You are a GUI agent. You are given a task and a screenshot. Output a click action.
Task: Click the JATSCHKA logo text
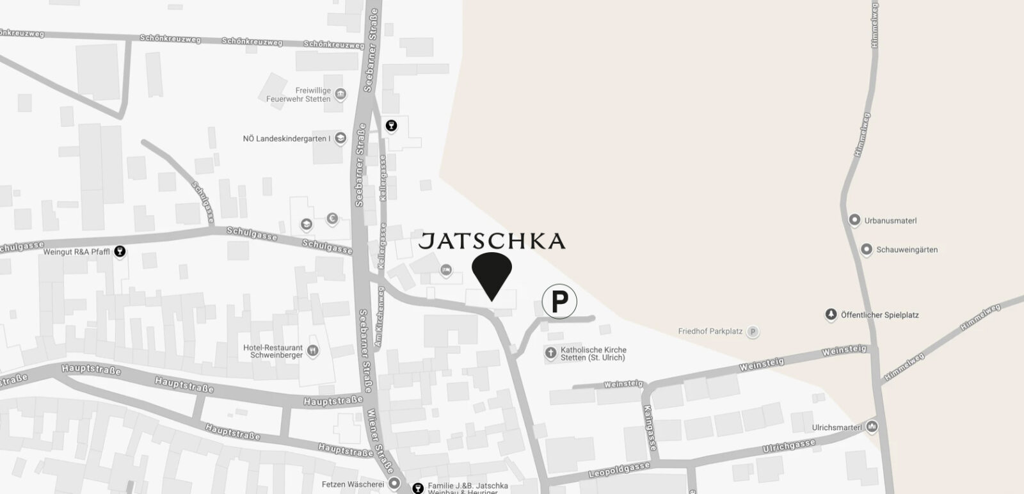(492, 241)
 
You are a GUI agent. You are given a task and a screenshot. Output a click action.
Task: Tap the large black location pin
(492, 272)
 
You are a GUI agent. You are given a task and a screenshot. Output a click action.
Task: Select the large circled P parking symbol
(559, 301)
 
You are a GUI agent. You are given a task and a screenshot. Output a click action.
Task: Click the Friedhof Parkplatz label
(710, 331)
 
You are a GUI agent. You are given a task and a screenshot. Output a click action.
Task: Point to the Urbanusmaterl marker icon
(854, 220)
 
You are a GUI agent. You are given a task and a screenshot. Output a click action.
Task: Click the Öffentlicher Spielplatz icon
(831, 315)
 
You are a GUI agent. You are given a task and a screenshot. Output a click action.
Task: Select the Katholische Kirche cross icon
(550, 353)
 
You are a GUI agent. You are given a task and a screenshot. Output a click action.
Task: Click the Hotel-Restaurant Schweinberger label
(273, 351)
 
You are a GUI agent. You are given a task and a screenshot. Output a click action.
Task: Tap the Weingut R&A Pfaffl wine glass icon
(119, 252)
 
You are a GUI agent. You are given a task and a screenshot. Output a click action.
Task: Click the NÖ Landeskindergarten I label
(286, 138)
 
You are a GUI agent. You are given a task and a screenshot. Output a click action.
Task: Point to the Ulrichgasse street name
(788, 447)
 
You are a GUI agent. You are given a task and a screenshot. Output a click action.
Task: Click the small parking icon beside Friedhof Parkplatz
(753, 331)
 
